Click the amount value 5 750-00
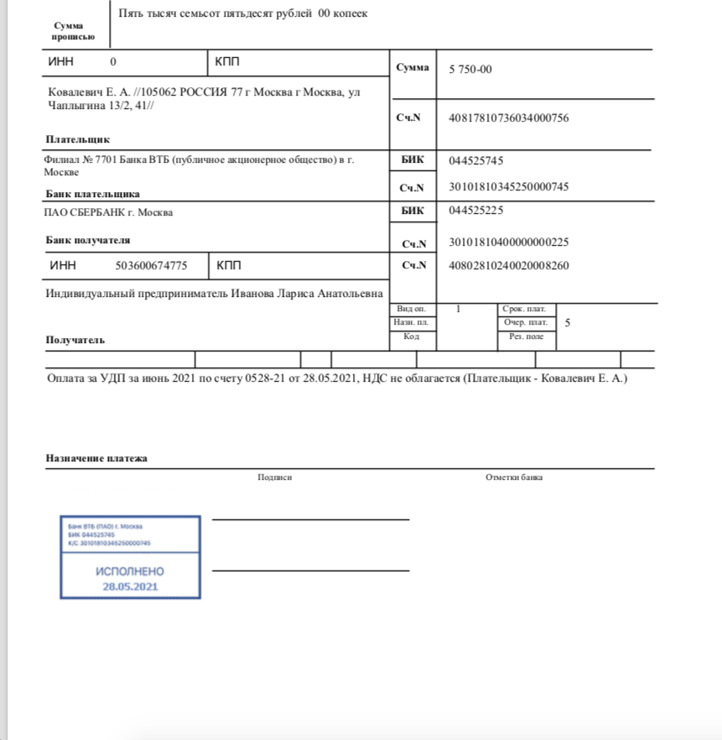[x=470, y=70]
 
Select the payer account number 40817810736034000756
[x=509, y=118]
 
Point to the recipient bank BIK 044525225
[x=476, y=211]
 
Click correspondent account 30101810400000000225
[x=509, y=243]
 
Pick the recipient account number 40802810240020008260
[x=509, y=266]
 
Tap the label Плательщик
[x=78, y=139]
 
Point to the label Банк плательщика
[x=92, y=194]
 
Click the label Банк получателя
[x=88, y=240]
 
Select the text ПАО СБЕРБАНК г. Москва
[x=109, y=212]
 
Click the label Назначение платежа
[x=96, y=459]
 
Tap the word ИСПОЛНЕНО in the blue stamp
[x=131, y=571]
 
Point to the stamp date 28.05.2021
[x=130, y=586]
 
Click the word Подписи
[x=275, y=477]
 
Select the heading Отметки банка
[x=514, y=477]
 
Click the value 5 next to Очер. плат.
[x=569, y=322]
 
